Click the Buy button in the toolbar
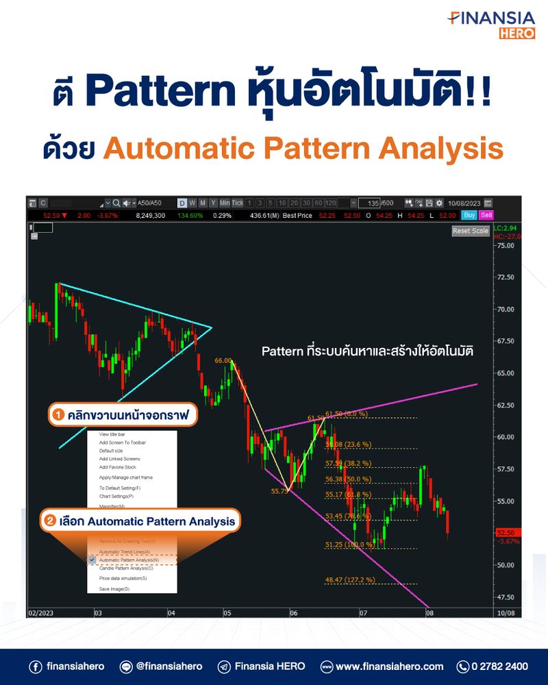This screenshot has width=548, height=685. [469, 215]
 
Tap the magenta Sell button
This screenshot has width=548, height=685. [486, 215]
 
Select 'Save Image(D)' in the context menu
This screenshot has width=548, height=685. [114, 588]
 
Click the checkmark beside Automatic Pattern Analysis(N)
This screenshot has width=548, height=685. [92, 560]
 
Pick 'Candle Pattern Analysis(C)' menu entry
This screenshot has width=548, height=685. [126, 568]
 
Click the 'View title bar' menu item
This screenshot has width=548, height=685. [112, 434]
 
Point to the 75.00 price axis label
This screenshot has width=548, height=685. [507, 245]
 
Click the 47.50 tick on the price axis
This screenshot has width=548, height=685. [507, 597]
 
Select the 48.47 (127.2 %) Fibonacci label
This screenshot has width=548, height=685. [349, 580]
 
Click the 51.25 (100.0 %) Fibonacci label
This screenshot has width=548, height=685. [349, 545]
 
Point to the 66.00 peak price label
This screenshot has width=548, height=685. [223, 360]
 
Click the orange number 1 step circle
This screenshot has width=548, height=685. [59, 414]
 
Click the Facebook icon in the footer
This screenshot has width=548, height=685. [35, 666]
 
